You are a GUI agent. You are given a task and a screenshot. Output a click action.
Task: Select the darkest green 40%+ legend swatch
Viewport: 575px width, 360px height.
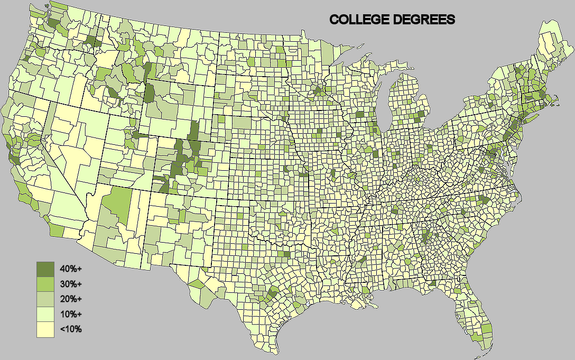click(x=45, y=269)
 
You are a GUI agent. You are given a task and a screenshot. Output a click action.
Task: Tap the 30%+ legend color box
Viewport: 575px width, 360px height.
click(x=45, y=284)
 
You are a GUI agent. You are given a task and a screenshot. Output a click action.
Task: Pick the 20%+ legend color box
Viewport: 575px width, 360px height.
click(x=45, y=299)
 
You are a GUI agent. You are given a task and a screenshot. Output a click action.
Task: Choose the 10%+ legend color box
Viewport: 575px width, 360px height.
click(x=45, y=315)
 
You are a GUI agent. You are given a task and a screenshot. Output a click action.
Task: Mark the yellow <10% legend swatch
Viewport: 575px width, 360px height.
click(x=45, y=329)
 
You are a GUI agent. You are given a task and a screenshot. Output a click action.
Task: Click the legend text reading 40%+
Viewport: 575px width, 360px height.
click(x=71, y=269)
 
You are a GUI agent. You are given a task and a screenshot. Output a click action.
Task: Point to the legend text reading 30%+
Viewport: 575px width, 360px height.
click(x=71, y=284)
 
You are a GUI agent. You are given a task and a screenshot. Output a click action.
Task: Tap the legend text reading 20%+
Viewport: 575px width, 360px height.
click(x=71, y=299)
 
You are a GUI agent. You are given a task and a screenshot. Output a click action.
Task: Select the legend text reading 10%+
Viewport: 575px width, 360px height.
click(x=71, y=315)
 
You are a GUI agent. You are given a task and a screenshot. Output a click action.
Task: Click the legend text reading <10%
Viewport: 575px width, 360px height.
click(x=71, y=329)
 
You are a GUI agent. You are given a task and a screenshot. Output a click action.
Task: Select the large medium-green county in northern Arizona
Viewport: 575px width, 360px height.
click(x=116, y=206)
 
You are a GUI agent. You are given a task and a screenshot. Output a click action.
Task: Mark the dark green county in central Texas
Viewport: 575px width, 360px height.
click(x=273, y=292)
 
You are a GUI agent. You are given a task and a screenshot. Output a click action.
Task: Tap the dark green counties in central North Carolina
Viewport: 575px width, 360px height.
click(x=482, y=199)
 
